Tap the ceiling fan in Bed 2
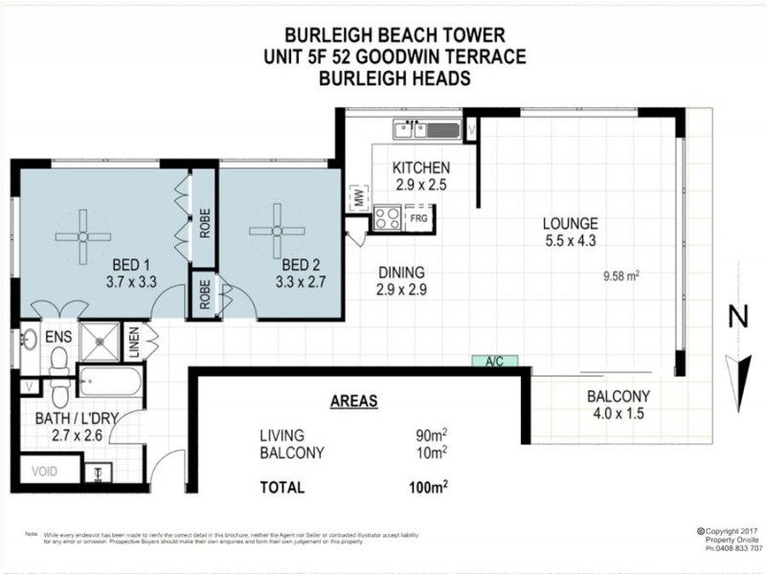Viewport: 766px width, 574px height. (277, 231)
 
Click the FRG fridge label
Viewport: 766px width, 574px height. (417, 218)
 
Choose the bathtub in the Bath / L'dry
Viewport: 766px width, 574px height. (107, 385)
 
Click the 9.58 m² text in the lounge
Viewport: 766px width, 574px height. (620, 275)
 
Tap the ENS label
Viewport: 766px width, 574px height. (58, 337)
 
